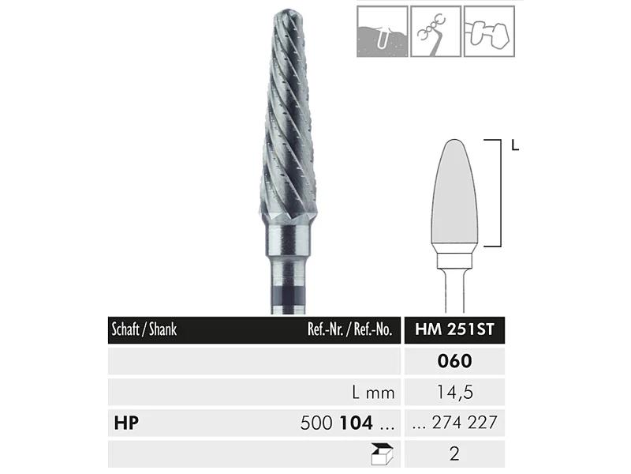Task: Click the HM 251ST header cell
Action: click(454, 329)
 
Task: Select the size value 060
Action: click(454, 361)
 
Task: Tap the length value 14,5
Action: click(455, 392)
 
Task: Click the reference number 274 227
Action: click(465, 423)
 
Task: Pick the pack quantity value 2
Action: click(454, 453)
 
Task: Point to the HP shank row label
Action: click(126, 423)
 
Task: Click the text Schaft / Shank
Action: click(144, 329)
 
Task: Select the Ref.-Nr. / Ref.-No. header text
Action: click(349, 329)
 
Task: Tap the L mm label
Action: click(373, 392)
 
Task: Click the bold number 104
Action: click(357, 423)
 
